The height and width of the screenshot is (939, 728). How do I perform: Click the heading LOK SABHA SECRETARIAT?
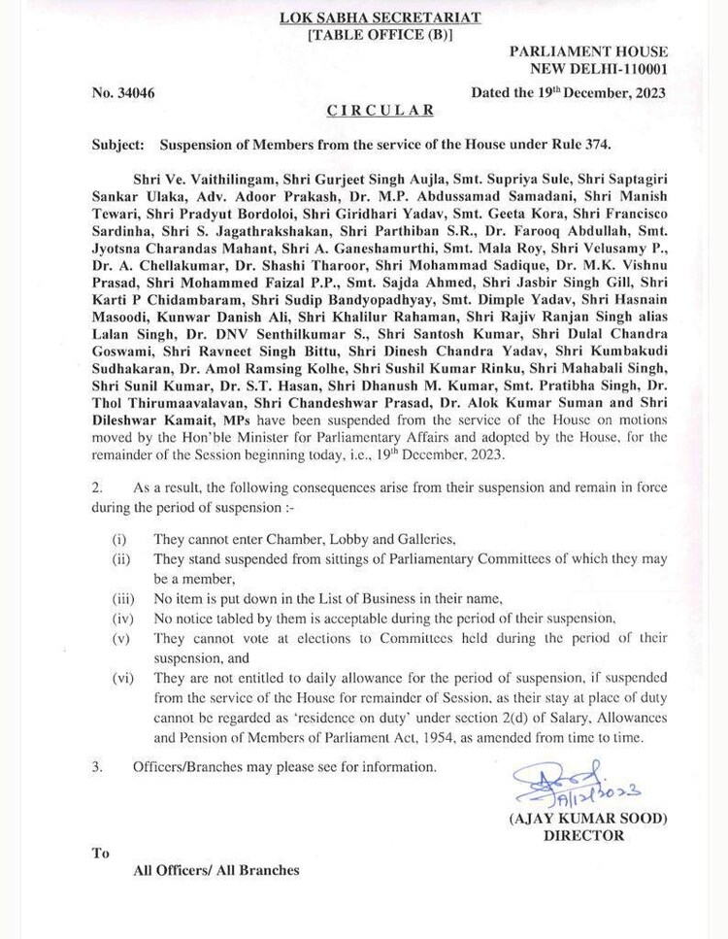(365, 17)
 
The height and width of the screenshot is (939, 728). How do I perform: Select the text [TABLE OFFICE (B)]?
(366, 35)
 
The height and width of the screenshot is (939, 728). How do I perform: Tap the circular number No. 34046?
(123, 93)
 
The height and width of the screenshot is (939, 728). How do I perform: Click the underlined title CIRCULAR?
(367, 112)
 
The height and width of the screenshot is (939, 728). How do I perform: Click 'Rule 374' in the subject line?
(578, 145)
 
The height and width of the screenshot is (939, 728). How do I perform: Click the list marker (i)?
(118, 538)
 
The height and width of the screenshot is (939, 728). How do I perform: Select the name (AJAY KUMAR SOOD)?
(588, 819)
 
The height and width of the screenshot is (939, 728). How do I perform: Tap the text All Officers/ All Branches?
(215, 871)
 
